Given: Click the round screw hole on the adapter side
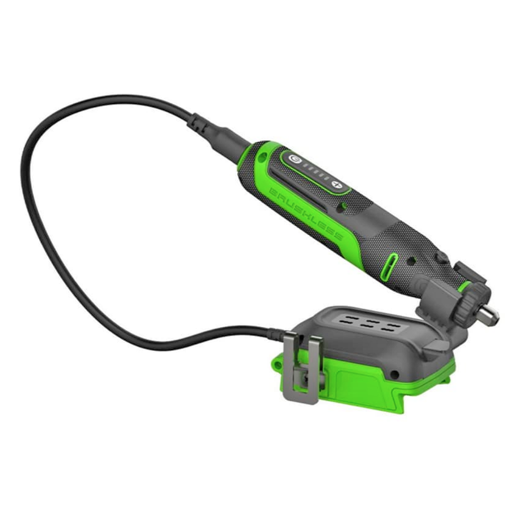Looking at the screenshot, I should pos(394,375).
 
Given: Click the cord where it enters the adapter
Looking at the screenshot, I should pos(276,333).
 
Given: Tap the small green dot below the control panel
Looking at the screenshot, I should pos(343,207).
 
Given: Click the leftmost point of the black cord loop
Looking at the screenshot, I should pos(23,166).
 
